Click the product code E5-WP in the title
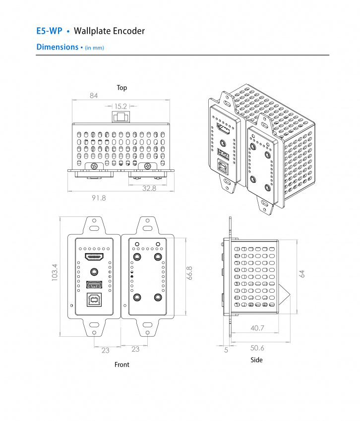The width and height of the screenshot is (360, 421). (49, 31)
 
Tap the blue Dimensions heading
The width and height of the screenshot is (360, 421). (57, 47)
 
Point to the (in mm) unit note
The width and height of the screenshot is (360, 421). (94, 48)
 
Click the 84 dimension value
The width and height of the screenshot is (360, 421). (94, 96)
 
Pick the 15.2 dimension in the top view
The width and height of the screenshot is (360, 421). (121, 106)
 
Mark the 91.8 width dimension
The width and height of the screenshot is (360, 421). (99, 198)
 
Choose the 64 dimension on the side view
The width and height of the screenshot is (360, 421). (302, 274)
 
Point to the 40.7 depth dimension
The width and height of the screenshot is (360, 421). (257, 327)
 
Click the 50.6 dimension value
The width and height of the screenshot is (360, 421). (257, 348)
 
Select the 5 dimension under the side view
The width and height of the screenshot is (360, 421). (226, 350)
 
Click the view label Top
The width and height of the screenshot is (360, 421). (121, 88)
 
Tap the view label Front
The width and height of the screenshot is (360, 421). (121, 365)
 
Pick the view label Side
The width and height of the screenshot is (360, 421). (256, 360)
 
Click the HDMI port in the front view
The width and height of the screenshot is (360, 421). (94, 257)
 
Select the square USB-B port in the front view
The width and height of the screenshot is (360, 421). (94, 300)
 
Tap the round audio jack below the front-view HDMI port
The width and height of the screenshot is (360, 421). (94, 271)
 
